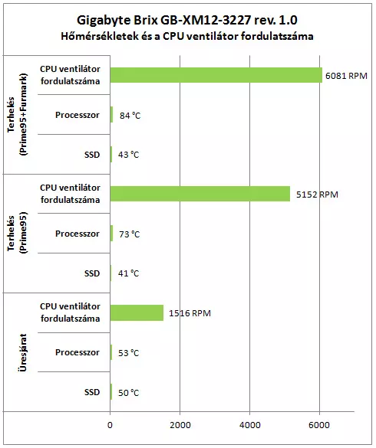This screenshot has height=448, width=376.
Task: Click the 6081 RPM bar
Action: point(216,75)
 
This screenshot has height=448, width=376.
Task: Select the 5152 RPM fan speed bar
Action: point(200,194)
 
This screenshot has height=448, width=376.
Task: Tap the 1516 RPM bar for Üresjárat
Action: point(137,312)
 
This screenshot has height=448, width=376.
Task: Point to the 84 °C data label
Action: point(130,116)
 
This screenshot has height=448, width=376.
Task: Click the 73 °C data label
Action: point(130,234)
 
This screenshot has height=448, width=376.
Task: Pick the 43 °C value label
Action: point(129,155)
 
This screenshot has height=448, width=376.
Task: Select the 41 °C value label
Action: point(129,273)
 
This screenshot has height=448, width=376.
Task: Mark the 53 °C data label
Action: point(129,353)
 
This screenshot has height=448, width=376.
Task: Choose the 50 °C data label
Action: point(129,393)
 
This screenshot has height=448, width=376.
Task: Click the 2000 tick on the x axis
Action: point(180,425)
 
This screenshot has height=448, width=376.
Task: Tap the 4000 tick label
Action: point(250,425)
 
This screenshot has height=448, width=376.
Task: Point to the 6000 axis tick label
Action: point(319,425)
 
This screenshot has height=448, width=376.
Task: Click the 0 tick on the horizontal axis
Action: point(110,425)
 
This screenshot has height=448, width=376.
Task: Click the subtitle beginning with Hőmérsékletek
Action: point(187,36)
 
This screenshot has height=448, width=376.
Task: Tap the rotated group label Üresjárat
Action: point(22,352)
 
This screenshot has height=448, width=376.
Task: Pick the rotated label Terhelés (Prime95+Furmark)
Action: point(17,114)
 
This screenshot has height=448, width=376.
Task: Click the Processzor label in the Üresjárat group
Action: point(78,352)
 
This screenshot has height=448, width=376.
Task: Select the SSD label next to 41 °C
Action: point(92,273)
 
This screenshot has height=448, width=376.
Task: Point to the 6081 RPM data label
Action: point(346,76)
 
